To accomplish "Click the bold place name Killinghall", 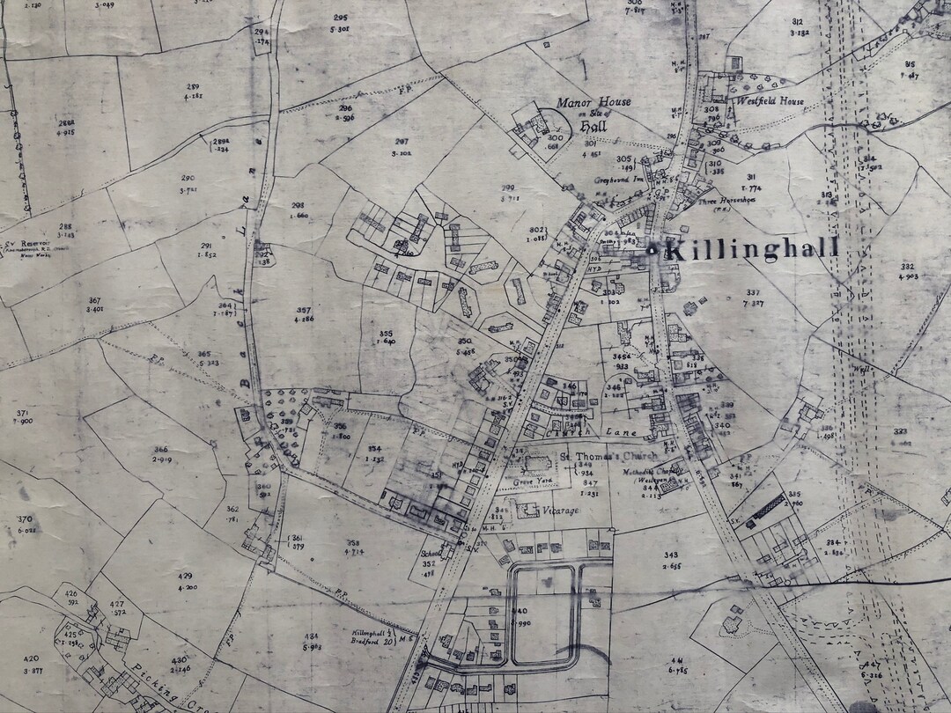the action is click(750, 249).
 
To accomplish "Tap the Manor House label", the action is click(594, 102).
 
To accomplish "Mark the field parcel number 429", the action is click(185, 576).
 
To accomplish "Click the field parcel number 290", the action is click(188, 178).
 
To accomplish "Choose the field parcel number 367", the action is click(95, 300).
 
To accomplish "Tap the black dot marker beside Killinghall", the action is click(652, 250).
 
